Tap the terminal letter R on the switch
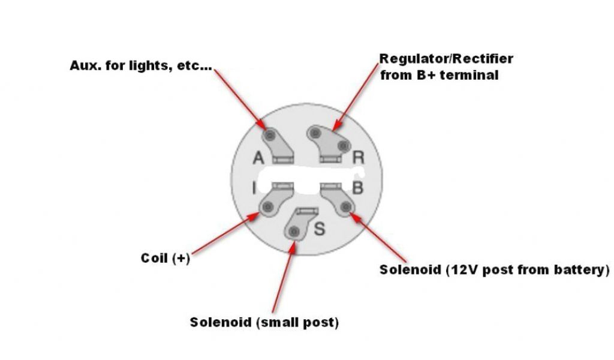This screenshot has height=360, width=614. pos(359,157)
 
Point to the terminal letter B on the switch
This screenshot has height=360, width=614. pos(357,188)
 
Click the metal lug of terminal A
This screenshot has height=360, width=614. pos(276,144)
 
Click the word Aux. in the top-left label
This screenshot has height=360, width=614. pos(86,65)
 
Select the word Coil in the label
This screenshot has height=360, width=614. pos(155,258)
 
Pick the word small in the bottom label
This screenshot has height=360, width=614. pos(278,322)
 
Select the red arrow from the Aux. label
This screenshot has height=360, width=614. pos(240,96)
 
